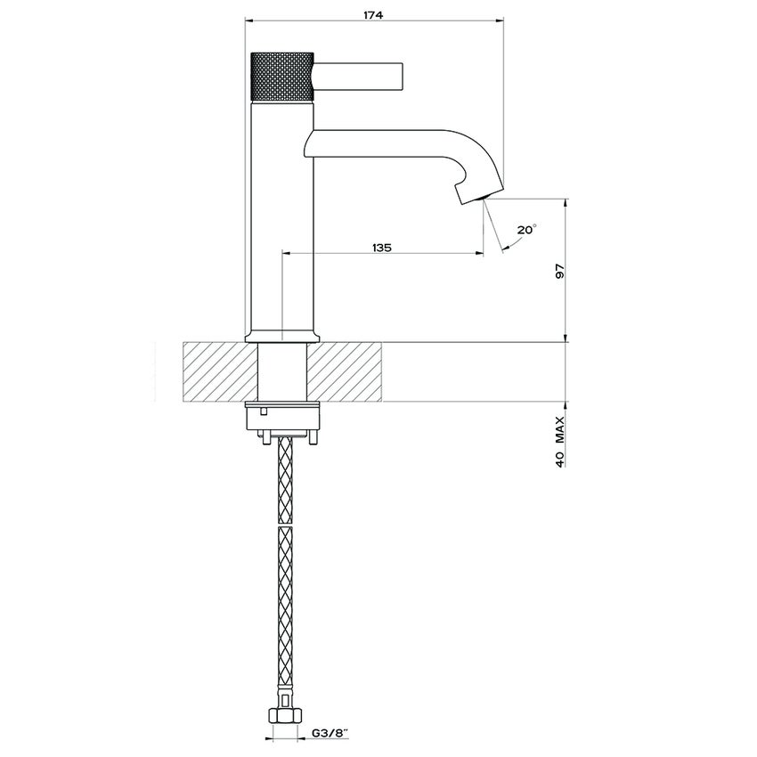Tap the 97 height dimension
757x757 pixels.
tap(560, 273)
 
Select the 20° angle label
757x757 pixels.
tap(526, 229)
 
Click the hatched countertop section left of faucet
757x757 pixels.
tap(218, 371)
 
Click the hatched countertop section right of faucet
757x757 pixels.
tap(347, 371)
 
